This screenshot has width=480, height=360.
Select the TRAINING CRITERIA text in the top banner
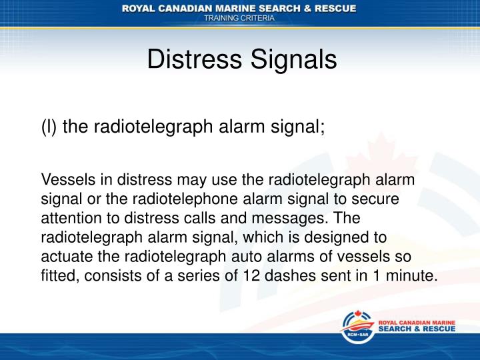pyautogui.click(x=239, y=19)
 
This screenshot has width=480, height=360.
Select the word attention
pyautogui.click(x=69, y=217)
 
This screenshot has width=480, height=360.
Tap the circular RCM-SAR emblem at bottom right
pyautogui.click(x=357, y=330)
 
